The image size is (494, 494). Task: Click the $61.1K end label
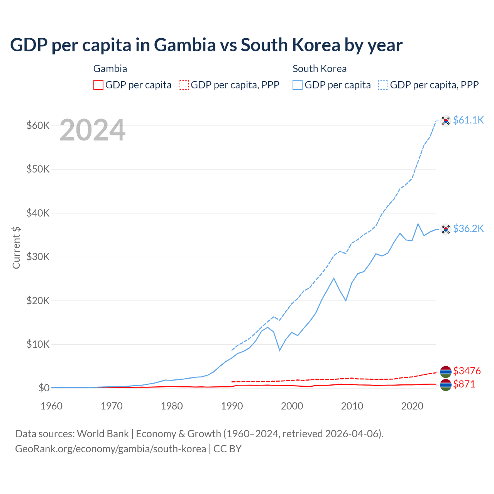(x=468, y=120)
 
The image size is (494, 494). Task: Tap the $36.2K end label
(x=468, y=228)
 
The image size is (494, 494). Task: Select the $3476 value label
(x=467, y=371)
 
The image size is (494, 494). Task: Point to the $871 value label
(x=464, y=384)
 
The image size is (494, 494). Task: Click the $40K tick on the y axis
(x=38, y=213)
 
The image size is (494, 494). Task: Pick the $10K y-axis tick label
(x=38, y=344)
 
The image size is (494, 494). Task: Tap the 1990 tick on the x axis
(x=232, y=406)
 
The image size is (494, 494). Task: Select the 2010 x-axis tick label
(x=352, y=406)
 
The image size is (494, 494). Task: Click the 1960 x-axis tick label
(x=52, y=406)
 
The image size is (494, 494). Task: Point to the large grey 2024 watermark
(x=92, y=130)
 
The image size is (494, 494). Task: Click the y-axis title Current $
(x=16, y=247)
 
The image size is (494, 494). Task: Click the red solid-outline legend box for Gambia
(x=98, y=85)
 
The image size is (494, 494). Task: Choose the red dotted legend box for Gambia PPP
(x=184, y=85)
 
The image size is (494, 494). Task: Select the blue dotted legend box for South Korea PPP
(x=383, y=85)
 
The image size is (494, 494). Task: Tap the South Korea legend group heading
(x=320, y=69)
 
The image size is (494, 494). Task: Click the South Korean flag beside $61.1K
(x=446, y=121)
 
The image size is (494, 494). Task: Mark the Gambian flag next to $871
(x=446, y=385)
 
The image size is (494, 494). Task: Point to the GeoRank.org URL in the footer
(x=110, y=449)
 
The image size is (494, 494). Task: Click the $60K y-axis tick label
(x=38, y=125)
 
